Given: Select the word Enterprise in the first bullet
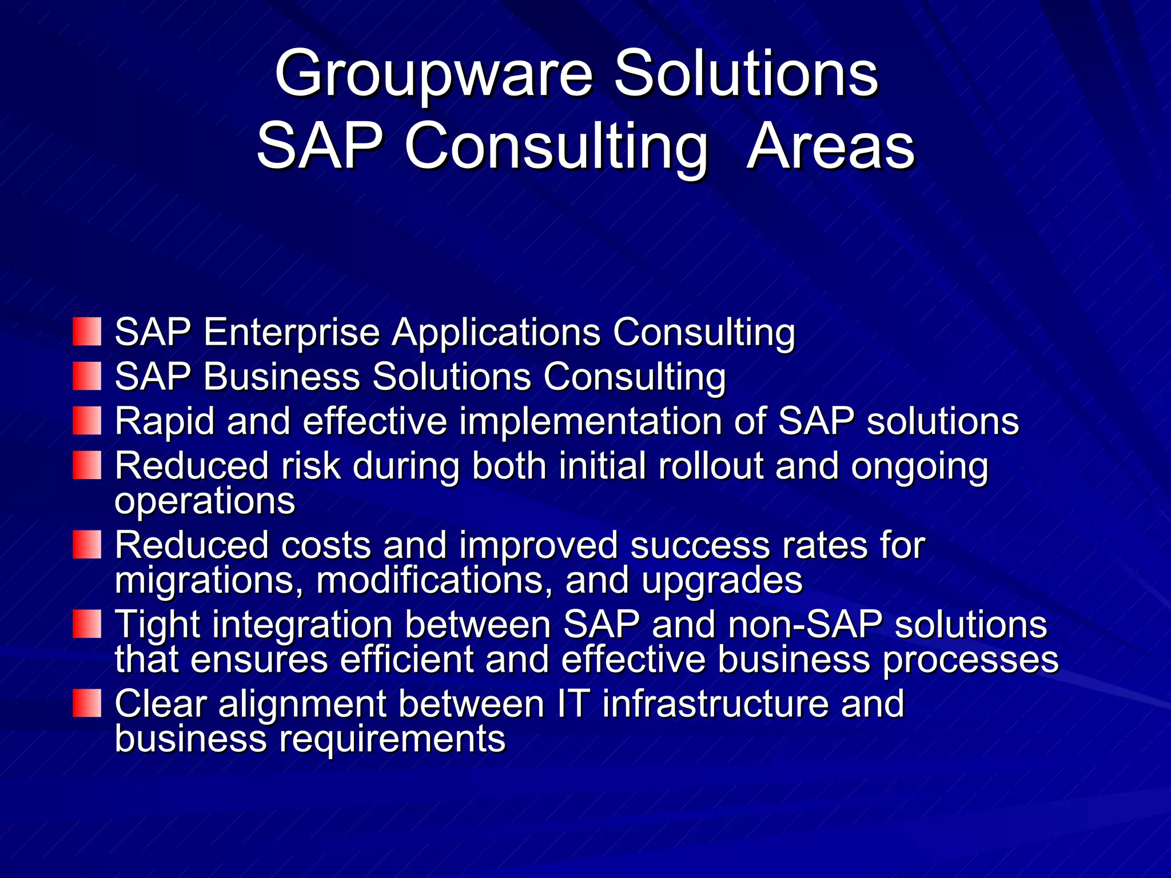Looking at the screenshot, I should (292, 332).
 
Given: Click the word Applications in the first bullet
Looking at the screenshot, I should (496, 333).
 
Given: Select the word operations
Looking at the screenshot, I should (205, 501).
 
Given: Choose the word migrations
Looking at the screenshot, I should (209, 581).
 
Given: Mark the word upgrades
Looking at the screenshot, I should (722, 581).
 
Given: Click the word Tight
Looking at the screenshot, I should (157, 625).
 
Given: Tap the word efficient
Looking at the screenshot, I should (407, 659).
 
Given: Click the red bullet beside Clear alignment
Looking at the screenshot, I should (87, 703).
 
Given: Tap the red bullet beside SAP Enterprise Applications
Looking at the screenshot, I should (87, 332).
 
